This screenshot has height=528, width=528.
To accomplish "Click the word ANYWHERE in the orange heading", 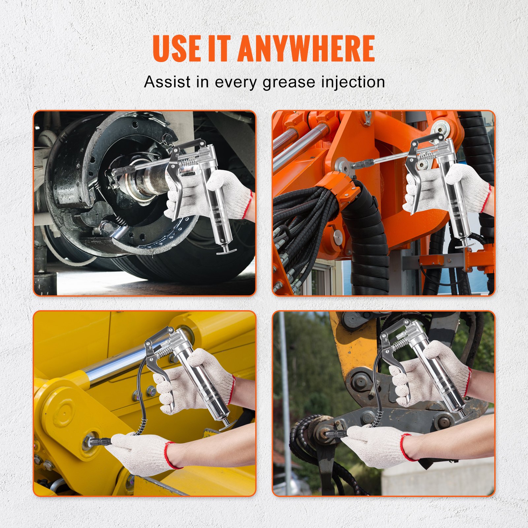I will click(306, 49).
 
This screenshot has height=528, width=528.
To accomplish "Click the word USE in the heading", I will click(177, 49).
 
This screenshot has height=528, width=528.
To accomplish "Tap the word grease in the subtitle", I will click(289, 82).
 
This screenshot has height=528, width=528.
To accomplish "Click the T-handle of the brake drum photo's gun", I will click(226, 251).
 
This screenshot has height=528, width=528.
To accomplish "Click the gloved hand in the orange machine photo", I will click(467, 185).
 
